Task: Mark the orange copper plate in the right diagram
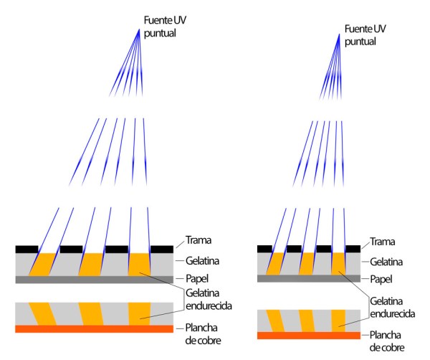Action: point(308,336)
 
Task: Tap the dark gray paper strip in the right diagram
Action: point(308,278)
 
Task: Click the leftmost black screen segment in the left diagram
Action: point(26,248)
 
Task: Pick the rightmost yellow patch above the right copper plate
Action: point(339,319)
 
